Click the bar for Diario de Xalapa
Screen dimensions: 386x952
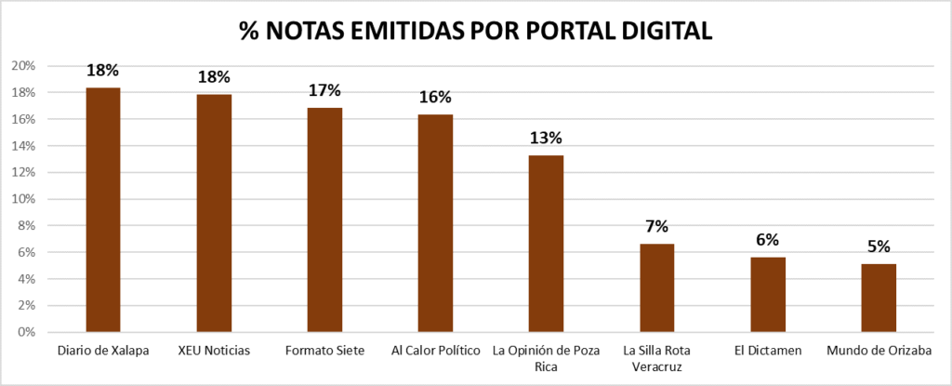[103, 210]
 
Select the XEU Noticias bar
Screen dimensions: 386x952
[214, 213]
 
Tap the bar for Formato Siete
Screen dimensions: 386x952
[324, 220]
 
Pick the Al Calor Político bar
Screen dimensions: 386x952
[435, 223]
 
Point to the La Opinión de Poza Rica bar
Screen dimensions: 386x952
[546, 244]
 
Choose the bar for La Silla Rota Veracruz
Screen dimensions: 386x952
[656, 287]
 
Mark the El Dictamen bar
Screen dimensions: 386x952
[768, 294]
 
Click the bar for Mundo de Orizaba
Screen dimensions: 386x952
[879, 298]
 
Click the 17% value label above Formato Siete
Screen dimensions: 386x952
[324, 90]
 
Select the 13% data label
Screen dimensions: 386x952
[546, 138]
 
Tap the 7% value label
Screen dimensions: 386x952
[656, 226]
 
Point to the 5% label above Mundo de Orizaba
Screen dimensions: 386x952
[879, 246]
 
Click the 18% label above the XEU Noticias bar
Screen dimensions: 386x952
[214, 76]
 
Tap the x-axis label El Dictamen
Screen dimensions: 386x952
[768, 351]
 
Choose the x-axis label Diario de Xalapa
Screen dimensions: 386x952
[103, 351]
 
